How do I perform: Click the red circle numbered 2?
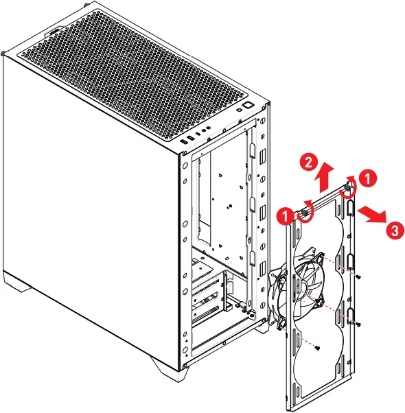click(x=308, y=162)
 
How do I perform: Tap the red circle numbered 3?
click(x=395, y=231)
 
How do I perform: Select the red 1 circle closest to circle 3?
click(x=367, y=178)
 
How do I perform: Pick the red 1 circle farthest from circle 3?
click(x=286, y=217)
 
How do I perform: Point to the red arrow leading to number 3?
click(x=371, y=214)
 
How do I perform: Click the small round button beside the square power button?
click(x=239, y=110)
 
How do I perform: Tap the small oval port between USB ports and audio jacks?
click(x=198, y=134)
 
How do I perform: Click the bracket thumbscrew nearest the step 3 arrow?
click(x=347, y=187)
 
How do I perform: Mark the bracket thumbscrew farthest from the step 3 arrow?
click(x=305, y=213)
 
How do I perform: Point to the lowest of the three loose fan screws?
click(x=318, y=349)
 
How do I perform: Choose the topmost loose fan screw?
click(x=358, y=277)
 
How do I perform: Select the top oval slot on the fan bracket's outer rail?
click(x=350, y=208)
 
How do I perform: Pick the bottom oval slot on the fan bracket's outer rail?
click(x=350, y=316)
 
